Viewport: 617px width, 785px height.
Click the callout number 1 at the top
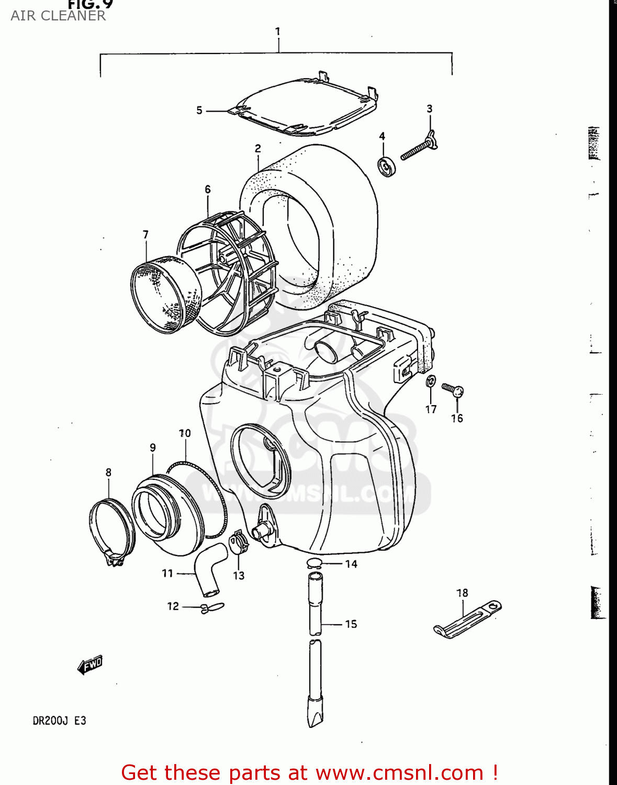click(x=278, y=31)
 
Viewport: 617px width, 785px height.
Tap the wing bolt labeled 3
click(x=419, y=148)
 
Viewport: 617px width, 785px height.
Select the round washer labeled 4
click(x=387, y=166)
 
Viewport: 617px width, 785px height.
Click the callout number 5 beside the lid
click(x=199, y=110)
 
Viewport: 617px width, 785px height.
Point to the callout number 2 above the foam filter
click(x=258, y=149)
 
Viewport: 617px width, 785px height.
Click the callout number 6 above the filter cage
click(x=208, y=189)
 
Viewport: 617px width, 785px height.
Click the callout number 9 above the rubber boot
click(x=153, y=448)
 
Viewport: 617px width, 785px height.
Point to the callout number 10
click(x=185, y=433)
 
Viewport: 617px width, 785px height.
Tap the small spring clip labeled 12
click(x=212, y=608)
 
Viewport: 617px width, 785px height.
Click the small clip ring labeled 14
click(x=314, y=563)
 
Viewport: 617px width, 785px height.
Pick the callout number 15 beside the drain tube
click(x=351, y=624)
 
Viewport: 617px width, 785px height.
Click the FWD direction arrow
click(x=90, y=665)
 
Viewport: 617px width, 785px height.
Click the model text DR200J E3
click(x=59, y=721)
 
